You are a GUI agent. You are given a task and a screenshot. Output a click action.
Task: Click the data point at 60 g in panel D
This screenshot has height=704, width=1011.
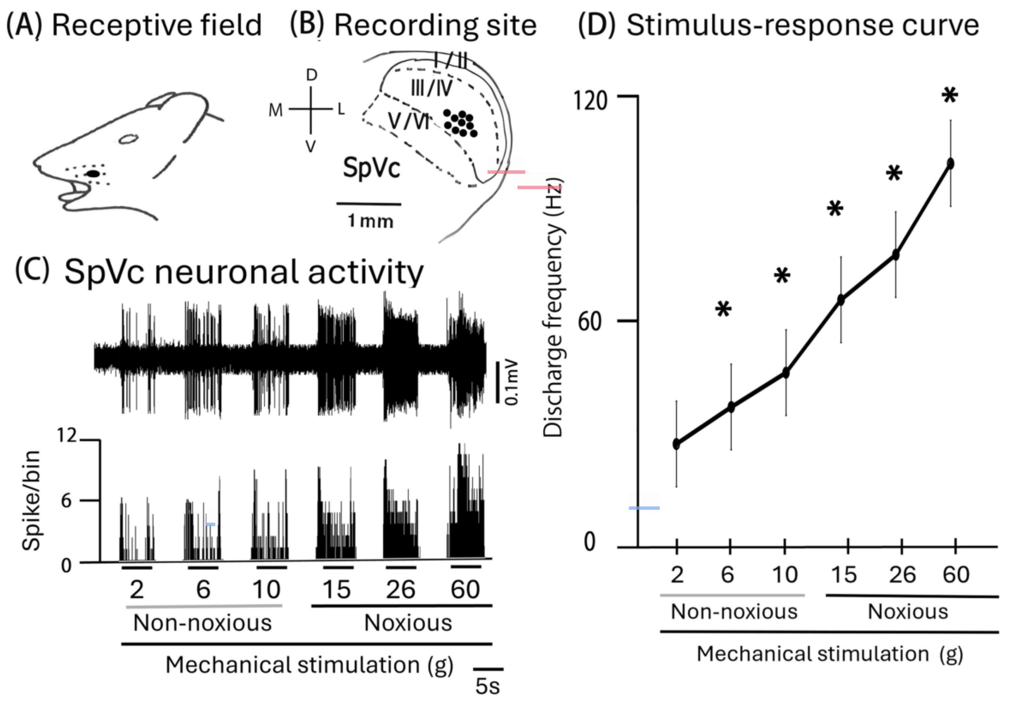coord(950,163)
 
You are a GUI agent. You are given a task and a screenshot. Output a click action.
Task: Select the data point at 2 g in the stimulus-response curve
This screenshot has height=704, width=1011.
coord(676,444)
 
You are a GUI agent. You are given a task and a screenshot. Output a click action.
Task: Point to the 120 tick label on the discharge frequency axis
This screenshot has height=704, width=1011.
coord(590,100)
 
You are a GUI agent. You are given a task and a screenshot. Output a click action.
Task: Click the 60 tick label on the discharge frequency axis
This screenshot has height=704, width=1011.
coord(590,322)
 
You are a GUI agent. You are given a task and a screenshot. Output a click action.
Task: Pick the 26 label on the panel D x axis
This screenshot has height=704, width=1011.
coord(902,574)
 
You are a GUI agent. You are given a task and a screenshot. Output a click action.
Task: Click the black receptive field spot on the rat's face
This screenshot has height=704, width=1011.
coord(93,173)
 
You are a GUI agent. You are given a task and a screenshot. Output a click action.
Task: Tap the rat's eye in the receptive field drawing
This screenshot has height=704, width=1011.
coord(128,139)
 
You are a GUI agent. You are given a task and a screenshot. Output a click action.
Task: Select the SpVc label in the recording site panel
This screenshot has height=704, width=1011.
coord(371,168)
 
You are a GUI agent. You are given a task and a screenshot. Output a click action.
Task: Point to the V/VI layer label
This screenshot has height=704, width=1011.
coord(409,120)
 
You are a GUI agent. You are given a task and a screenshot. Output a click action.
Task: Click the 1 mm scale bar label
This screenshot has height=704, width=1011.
coord(370,221)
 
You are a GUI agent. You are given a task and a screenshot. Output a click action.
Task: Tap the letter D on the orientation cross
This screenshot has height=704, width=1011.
coord(311,75)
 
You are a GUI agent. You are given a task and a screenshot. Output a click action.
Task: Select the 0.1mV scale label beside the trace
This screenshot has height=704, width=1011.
coord(512,382)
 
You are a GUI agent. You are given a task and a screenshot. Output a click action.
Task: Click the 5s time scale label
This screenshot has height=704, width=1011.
coord(487,686)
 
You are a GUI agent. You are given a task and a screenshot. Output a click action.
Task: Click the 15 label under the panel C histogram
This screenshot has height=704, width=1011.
coord(337,589)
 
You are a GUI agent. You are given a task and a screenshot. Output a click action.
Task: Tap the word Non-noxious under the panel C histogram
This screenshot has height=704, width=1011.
coord(203,623)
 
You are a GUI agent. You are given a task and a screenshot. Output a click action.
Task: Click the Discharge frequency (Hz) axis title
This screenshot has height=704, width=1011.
coord(553,308)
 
